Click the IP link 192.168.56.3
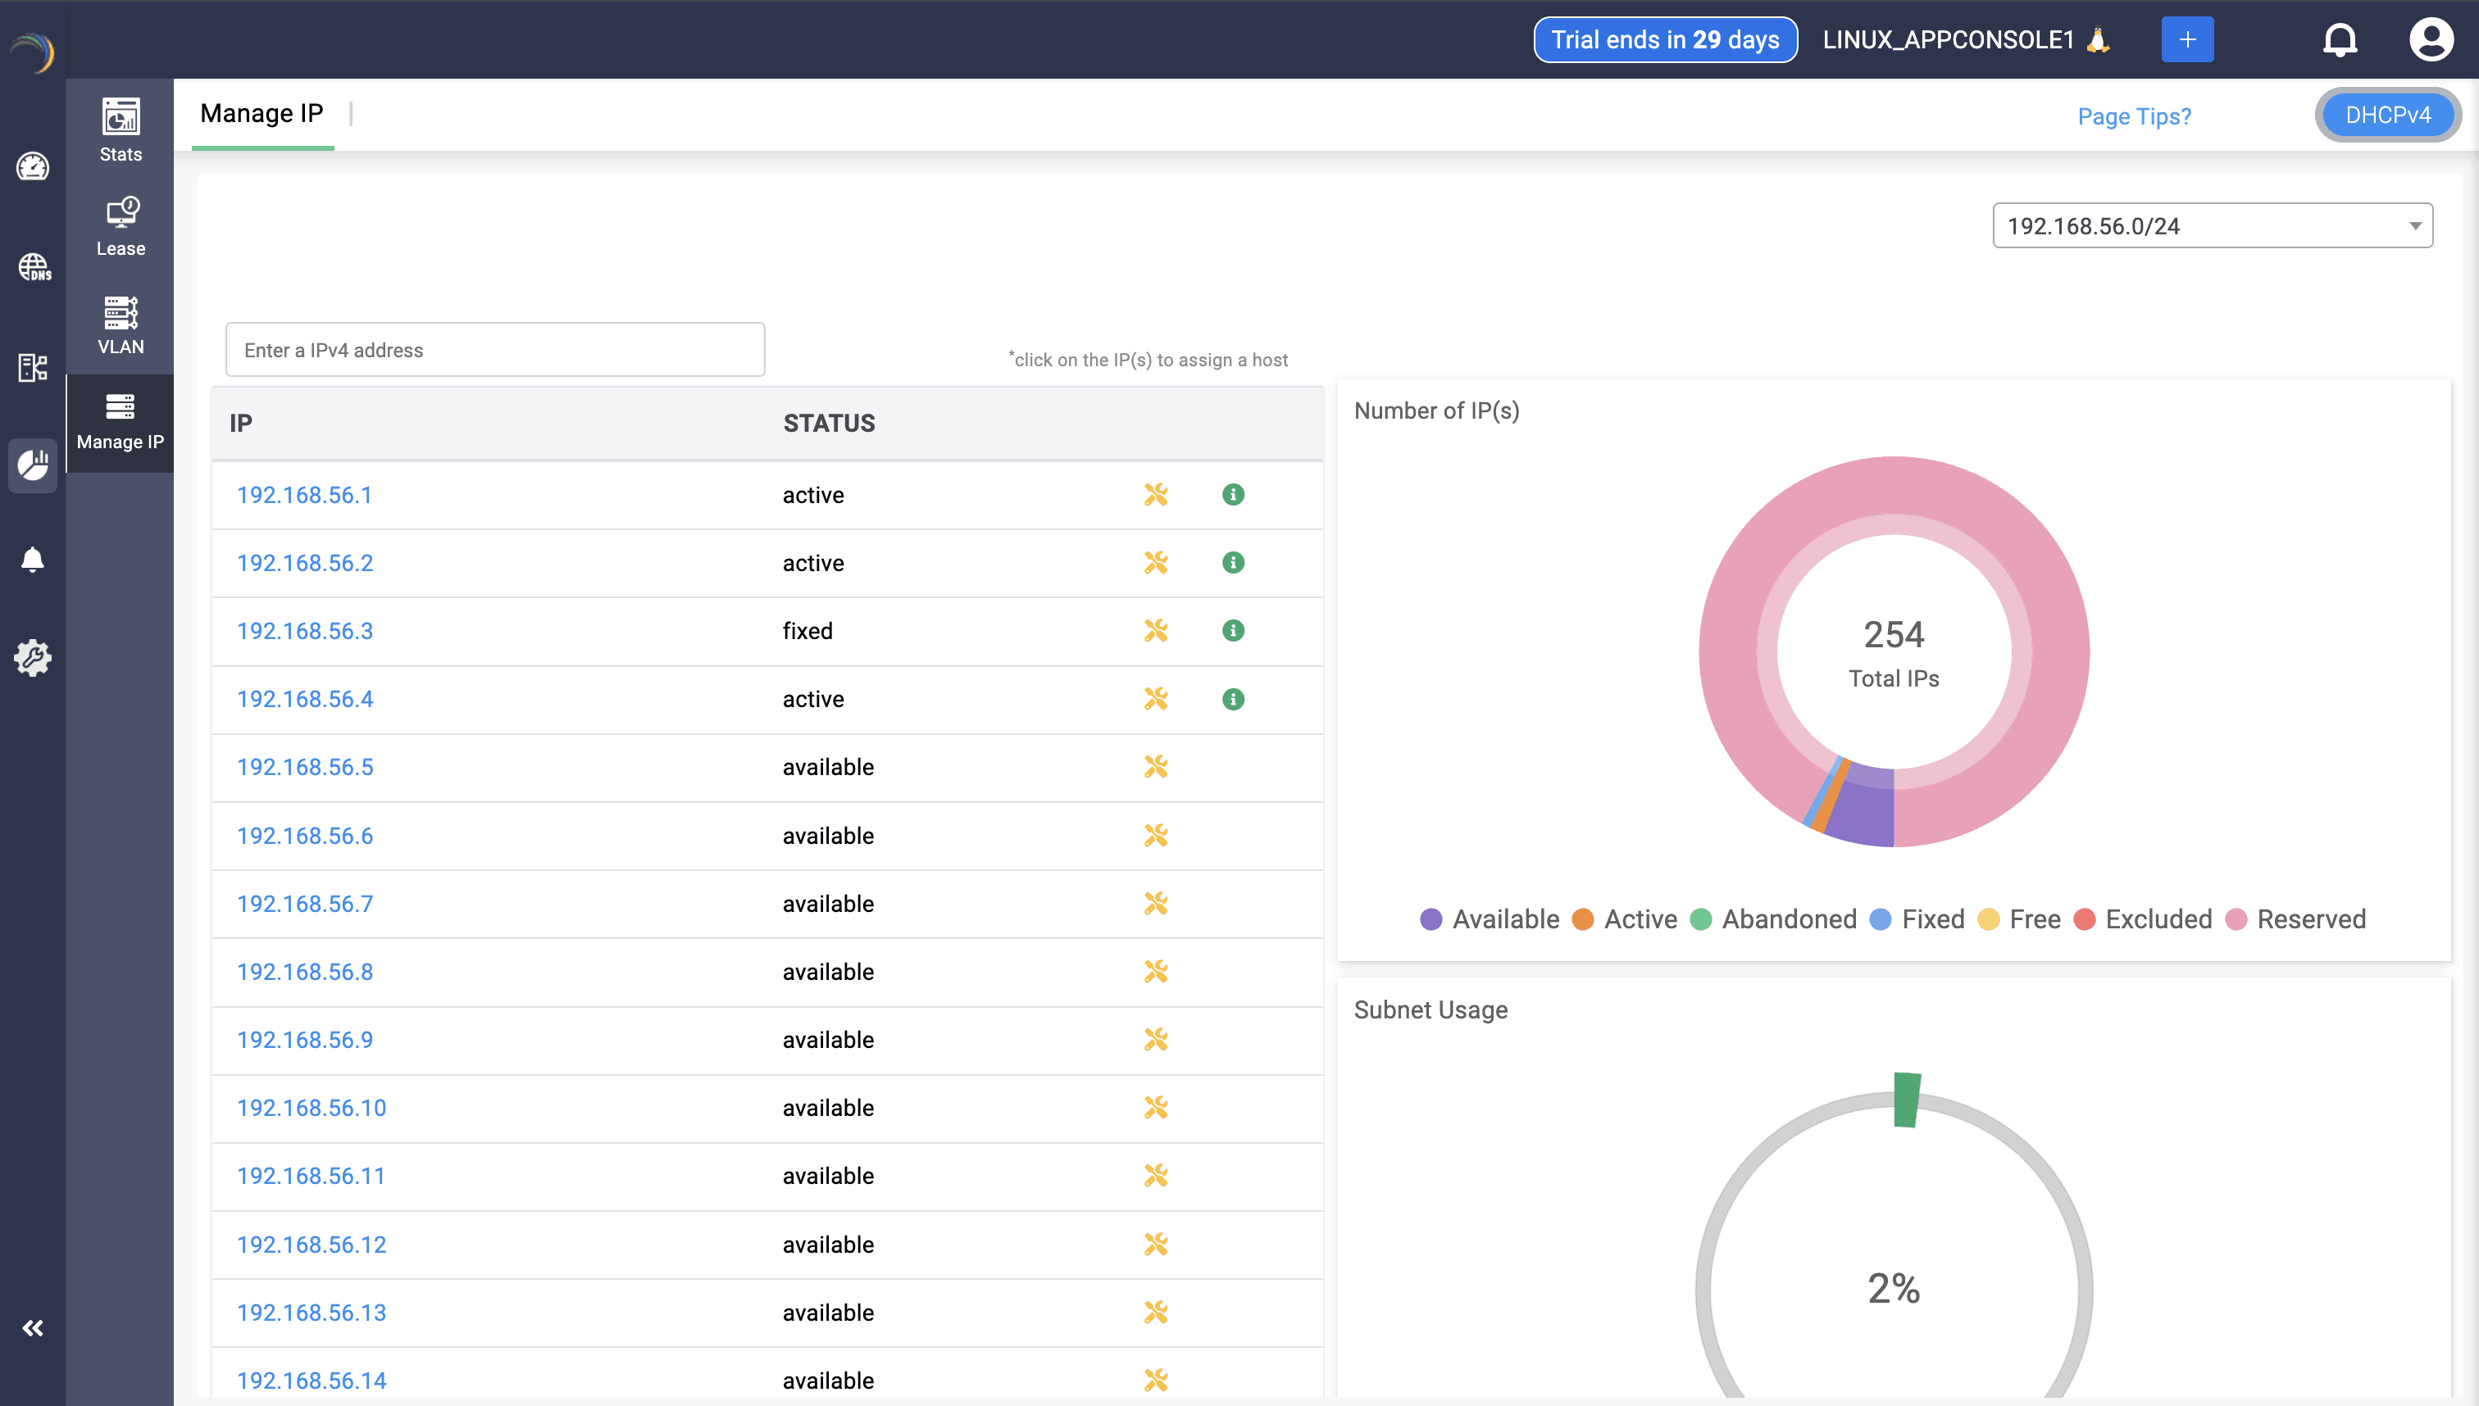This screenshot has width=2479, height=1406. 304,631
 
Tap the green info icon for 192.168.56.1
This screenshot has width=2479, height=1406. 1233,494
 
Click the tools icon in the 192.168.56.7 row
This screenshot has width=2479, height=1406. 1155,903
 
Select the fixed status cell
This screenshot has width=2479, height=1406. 807,631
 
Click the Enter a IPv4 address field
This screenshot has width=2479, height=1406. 494,350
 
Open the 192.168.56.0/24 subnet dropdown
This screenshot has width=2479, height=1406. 2212,226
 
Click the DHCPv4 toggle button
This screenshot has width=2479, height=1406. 2387,115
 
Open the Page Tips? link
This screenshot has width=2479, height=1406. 2133,116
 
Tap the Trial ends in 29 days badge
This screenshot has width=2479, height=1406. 1665,39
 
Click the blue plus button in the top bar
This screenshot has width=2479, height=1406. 2186,39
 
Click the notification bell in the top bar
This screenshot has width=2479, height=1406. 2339,39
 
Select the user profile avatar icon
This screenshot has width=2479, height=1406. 2430,39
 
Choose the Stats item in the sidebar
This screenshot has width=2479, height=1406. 120,129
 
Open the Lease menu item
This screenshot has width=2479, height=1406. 120,226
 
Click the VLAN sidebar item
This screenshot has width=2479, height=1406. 120,324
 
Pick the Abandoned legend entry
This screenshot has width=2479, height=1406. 1774,918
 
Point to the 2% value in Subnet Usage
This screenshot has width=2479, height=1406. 1893,1287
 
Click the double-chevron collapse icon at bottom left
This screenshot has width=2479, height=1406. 33,1328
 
